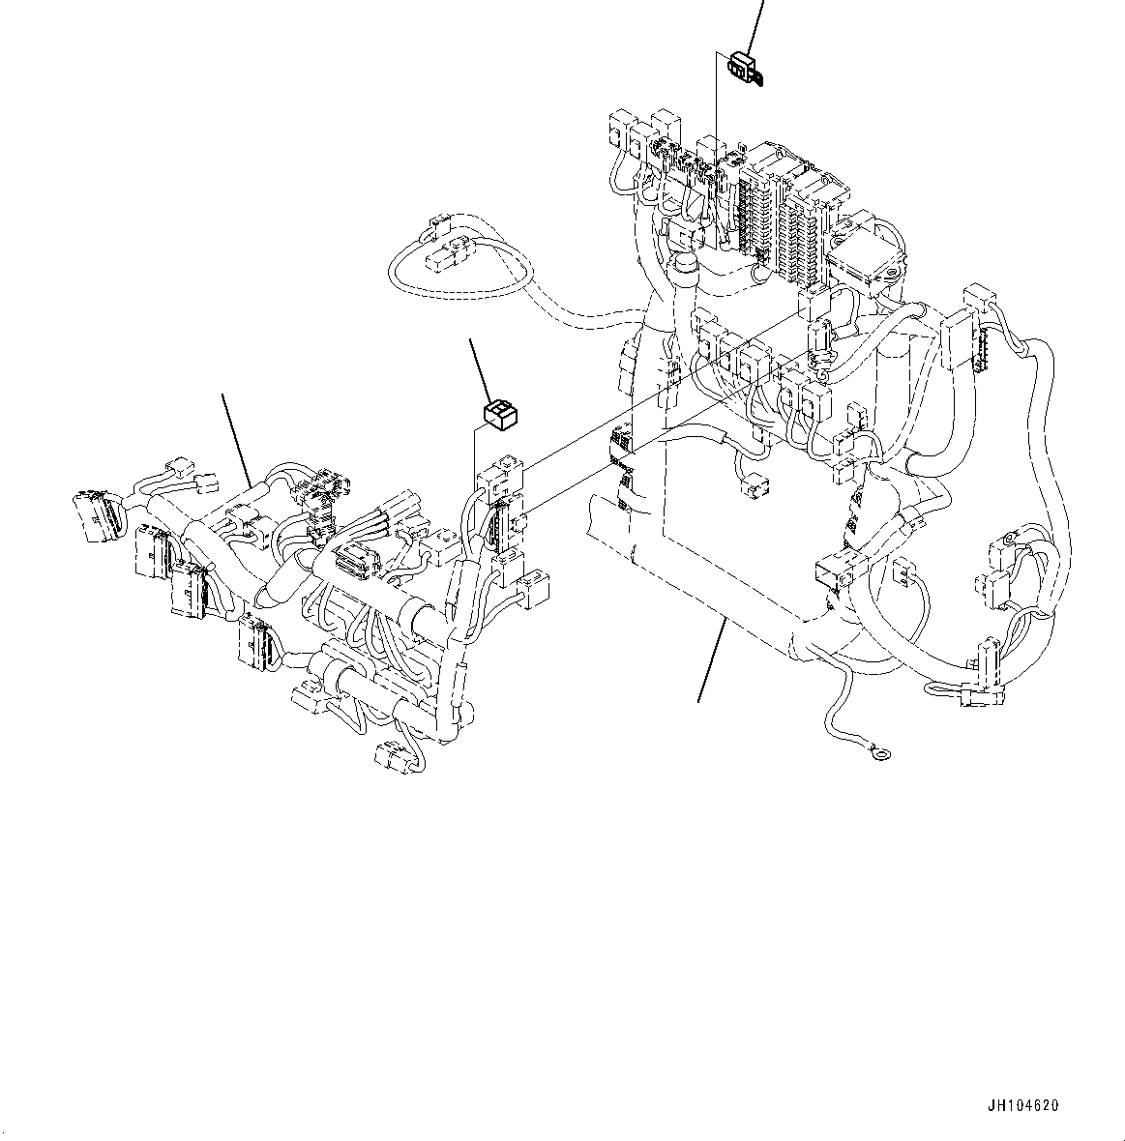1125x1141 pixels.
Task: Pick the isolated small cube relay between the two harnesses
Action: (499, 414)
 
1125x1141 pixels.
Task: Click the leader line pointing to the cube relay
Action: (481, 367)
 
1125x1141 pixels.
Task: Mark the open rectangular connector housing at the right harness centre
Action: (835, 570)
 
